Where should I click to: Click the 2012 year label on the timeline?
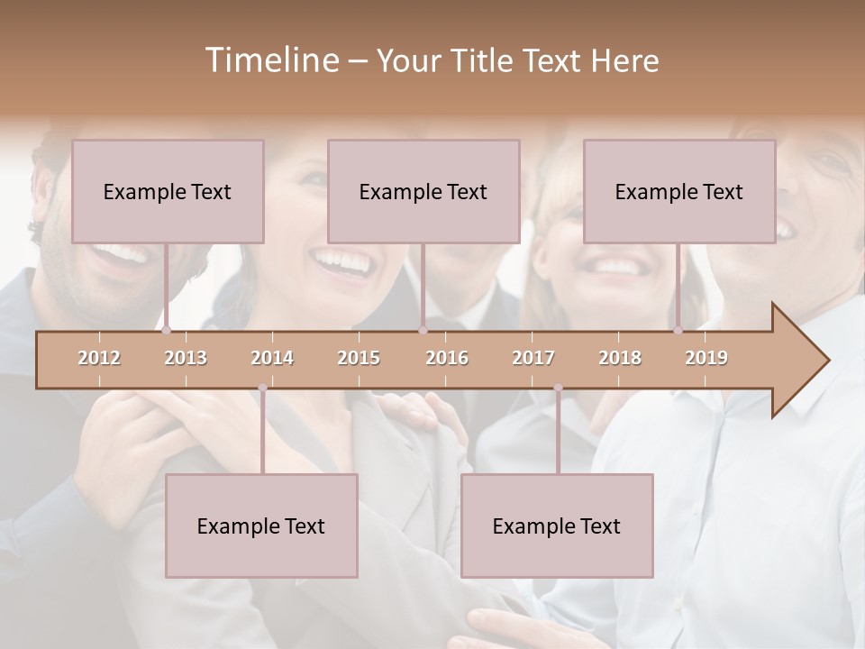coord(99,358)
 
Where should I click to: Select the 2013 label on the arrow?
coord(186,358)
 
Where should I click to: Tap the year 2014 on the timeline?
coord(272,358)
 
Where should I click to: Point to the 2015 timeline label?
coord(359,358)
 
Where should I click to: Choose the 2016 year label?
coord(447,358)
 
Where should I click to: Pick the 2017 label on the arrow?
coord(533,358)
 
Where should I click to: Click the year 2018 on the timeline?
coord(620,358)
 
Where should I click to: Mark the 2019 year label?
coord(706,358)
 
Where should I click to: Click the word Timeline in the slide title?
coord(270,60)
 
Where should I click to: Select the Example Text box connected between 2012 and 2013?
coord(168,191)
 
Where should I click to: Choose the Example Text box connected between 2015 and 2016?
coord(423,191)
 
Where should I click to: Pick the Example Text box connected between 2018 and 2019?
coord(679,191)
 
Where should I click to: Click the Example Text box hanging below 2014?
coord(261,526)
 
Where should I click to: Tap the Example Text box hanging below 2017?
coord(557,526)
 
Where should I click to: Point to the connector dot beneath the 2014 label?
coord(262,388)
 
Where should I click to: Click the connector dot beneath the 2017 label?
coord(558,388)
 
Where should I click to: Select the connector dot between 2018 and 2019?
coord(678,331)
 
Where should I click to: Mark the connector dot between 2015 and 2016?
coord(423,331)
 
